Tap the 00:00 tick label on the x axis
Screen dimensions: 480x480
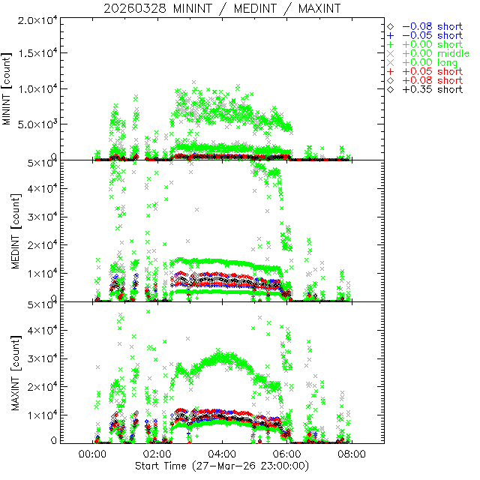(92, 454)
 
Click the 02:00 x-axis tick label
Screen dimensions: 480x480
(157, 454)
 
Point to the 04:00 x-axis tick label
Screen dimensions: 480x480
(222, 454)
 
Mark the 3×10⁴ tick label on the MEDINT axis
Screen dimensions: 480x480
(41, 217)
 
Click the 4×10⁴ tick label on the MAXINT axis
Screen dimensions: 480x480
(41, 330)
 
